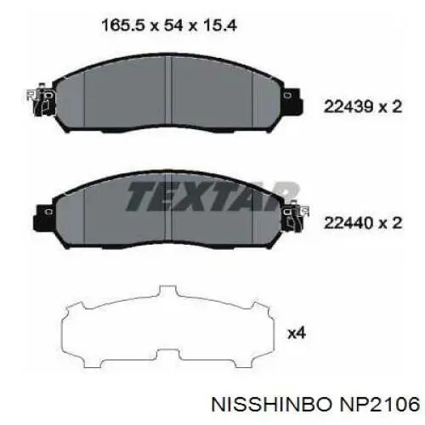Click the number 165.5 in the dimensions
pos(122,25)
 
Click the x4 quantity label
pos(297,333)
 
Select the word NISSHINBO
pos(271,404)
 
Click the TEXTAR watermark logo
pos(211,196)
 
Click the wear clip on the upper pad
pos(41,100)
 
